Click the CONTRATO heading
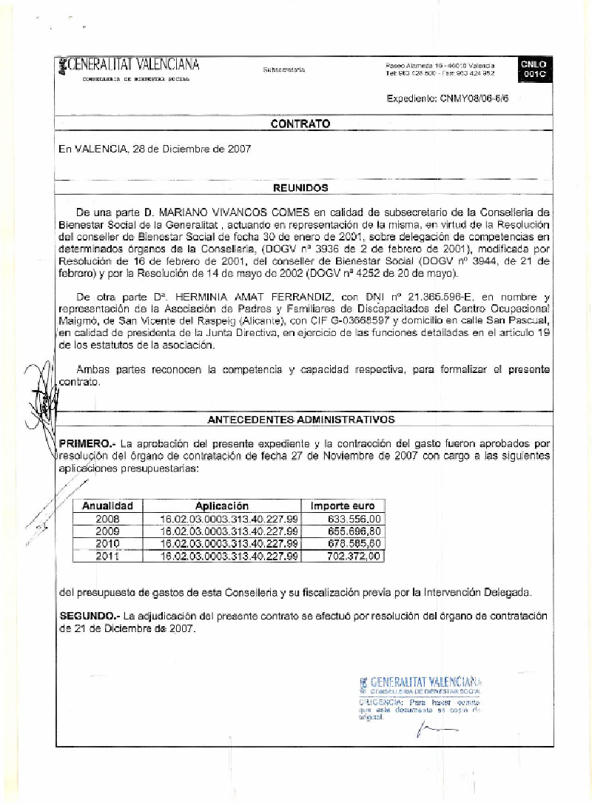(x=300, y=124)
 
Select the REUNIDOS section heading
(x=300, y=188)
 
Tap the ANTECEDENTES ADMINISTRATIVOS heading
(x=301, y=420)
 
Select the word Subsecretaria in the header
(x=283, y=70)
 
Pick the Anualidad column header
(x=107, y=505)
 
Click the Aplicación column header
(x=229, y=505)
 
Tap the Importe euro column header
(x=343, y=505)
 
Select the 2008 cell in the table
(x=108, y=519)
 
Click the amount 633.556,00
(x=354, y=519)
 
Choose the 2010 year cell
(x=108, y=543)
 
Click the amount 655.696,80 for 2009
(x=354, y=531)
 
